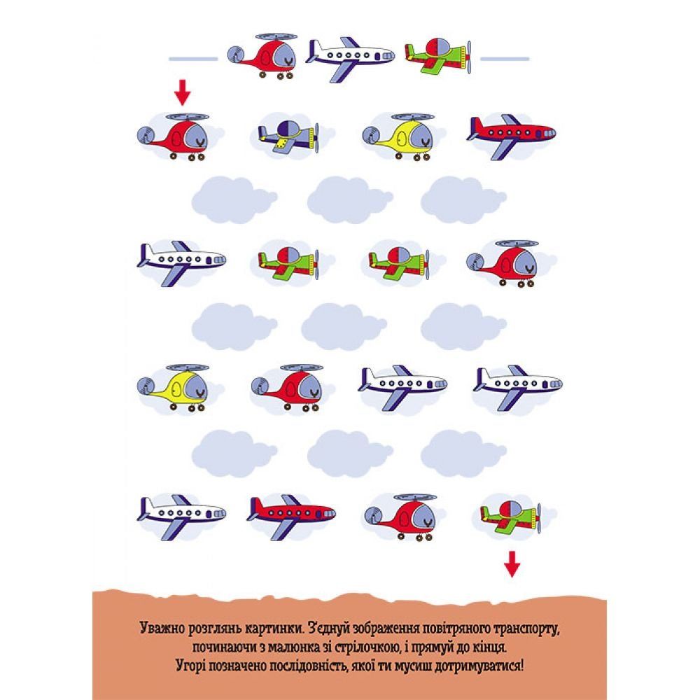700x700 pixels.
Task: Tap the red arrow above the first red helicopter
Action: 182,92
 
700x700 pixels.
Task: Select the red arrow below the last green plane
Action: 512,563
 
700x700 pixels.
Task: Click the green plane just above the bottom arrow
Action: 511,517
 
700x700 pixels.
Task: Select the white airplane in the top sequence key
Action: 351,58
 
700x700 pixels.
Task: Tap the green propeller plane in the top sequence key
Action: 438,57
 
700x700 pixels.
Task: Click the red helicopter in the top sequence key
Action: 263,56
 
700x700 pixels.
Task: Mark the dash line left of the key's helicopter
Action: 193,59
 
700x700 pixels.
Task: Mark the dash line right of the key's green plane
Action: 505,59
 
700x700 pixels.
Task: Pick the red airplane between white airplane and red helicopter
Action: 291,516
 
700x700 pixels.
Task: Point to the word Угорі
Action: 190,666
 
